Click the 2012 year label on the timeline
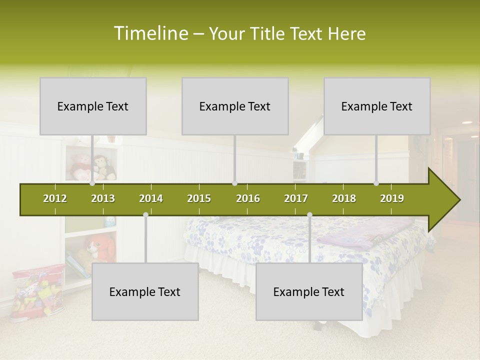55,198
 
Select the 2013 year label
103,198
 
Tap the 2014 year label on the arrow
151,198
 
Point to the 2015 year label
199,198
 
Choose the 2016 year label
248,198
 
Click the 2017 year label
296,198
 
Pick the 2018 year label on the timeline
344,198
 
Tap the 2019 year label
392,198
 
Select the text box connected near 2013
93,106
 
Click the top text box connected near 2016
235,106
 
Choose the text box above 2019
377,106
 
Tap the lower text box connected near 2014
145,291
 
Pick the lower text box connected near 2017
309,291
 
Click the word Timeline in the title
150,33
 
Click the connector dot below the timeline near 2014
145,215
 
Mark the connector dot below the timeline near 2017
309,215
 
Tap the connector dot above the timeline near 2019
376,183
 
